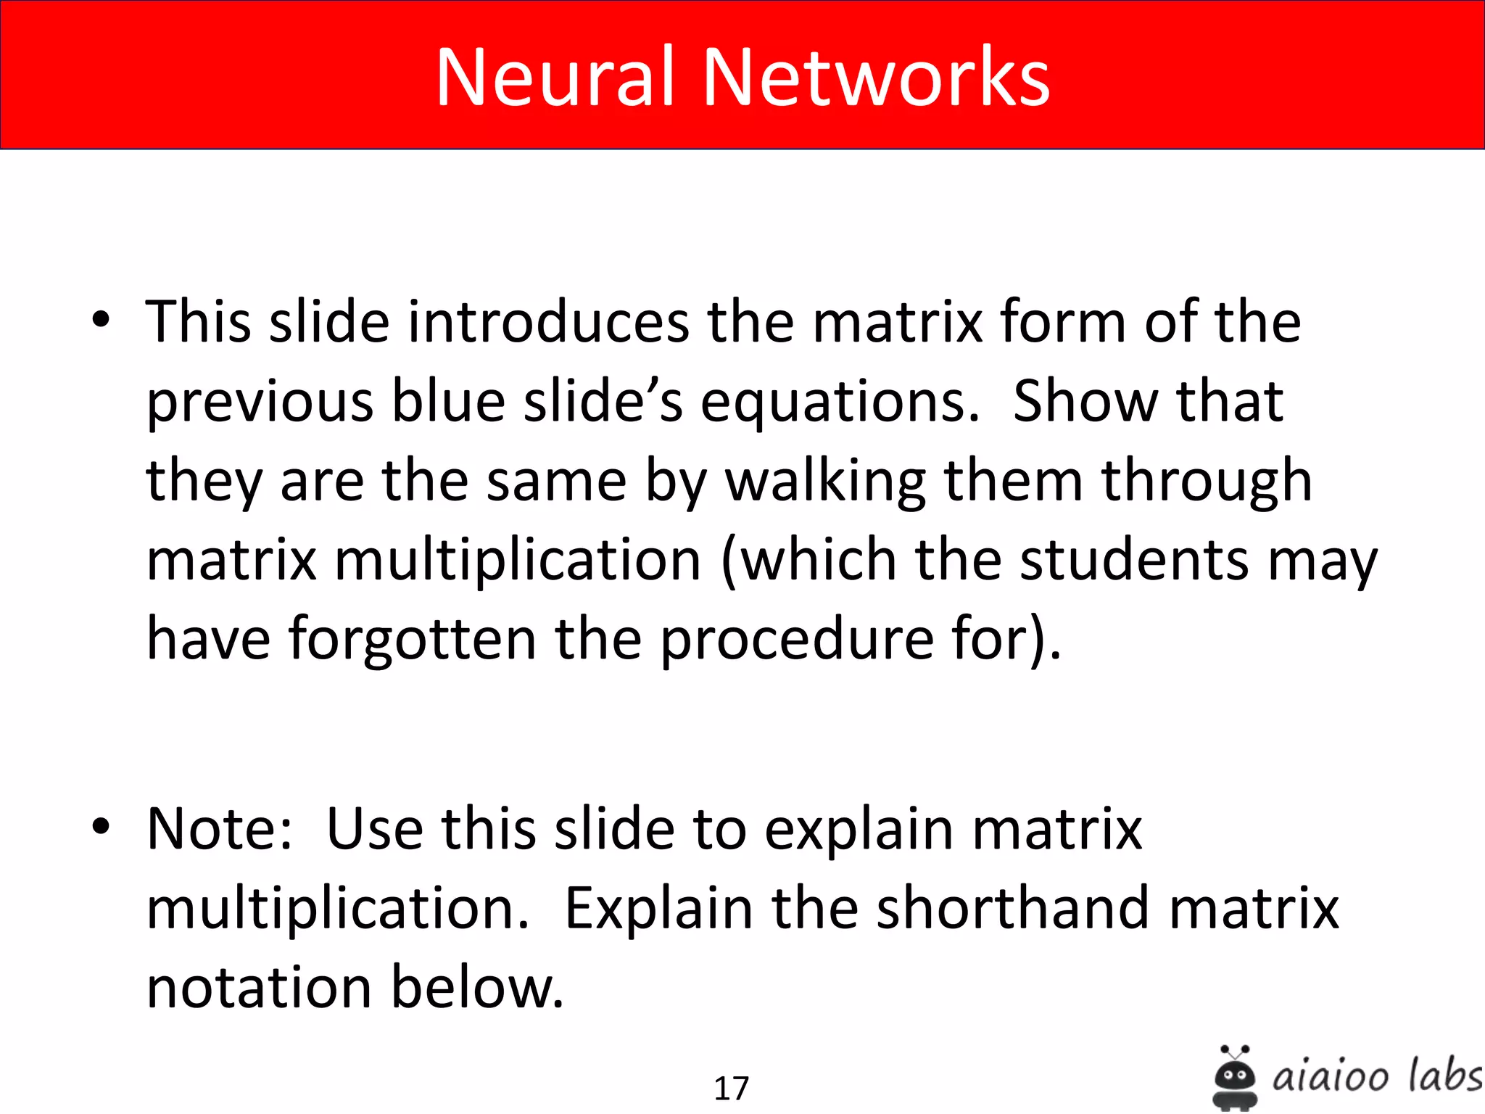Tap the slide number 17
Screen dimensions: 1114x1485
pos(731,1088)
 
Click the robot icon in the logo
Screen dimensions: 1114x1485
pos(1235,1077)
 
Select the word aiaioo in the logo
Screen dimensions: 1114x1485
pos(1331,1076)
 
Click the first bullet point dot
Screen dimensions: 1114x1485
pos(102,320)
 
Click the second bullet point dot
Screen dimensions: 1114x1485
pos(102,826)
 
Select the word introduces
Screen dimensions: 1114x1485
pos(548,321)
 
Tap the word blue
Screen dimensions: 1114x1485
pos(448,401)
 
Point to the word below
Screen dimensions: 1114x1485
pos(477,988)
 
